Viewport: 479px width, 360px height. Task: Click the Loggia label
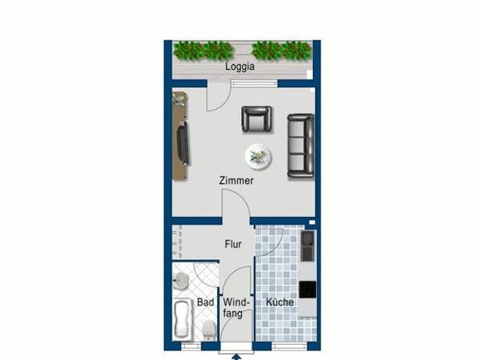pyautogui.click(x=239, y=67)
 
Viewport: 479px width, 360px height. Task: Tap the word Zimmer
pyautogui.click(x=236, y=181)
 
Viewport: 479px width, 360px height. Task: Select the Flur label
pyautogui.click(x=233, y=244)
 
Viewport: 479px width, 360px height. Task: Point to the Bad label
pyautogui.click(x=205, y=303)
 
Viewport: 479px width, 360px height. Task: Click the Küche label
pyautogui.click(x=279, y=303)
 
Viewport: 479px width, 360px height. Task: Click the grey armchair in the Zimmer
pyautogui.click(x=256, y=119)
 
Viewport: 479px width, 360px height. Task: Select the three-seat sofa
pyautogui.click(x=301, y=146)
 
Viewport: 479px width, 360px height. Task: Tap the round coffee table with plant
pyautogui.click(x=258, y=156)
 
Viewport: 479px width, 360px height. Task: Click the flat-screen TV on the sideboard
pyautogui.click(x=184, y=143)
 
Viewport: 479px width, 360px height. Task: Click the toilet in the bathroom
pyautogui.click(x=209, y=329)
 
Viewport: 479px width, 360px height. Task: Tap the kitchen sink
pyautogui.click(x=308, y=246)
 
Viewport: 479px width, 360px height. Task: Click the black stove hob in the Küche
pyautogui.click(x=308, y=290)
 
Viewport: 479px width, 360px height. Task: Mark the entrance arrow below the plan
pyautogui.click(x=236, y=357)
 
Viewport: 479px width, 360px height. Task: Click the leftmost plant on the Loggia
pyautogui.click(x=188, y=51)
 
